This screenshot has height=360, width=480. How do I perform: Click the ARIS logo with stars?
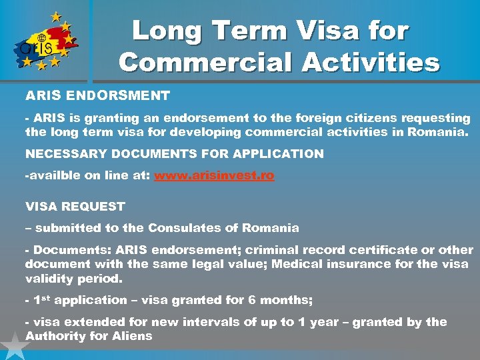(x=43, y=41)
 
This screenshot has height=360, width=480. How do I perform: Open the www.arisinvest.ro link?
(x=214, y=176)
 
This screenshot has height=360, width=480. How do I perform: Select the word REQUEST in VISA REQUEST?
(x=95, y=206)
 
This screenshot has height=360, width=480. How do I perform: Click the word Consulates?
(x=181, y=228)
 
